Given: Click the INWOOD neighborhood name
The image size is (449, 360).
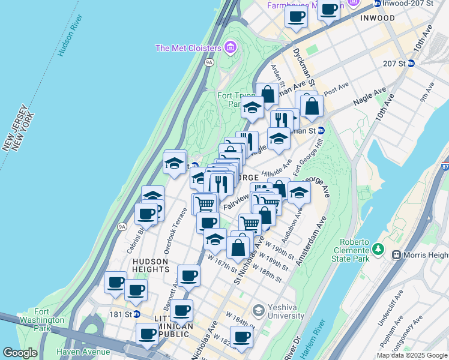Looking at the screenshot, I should [378, 18].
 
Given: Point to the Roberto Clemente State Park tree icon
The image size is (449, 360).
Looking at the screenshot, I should [378, 248].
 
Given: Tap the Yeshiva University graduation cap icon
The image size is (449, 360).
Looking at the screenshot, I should [258, 311].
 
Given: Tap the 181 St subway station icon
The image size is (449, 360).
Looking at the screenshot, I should [137, 314].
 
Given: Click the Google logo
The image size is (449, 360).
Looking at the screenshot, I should [20, 353].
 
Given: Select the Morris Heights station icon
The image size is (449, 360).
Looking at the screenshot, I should [396, 254].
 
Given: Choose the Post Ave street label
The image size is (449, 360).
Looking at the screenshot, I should [336, 91].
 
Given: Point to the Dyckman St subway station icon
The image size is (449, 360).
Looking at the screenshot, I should [321, 130].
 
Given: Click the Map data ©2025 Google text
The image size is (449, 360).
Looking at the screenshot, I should [412, 355].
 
